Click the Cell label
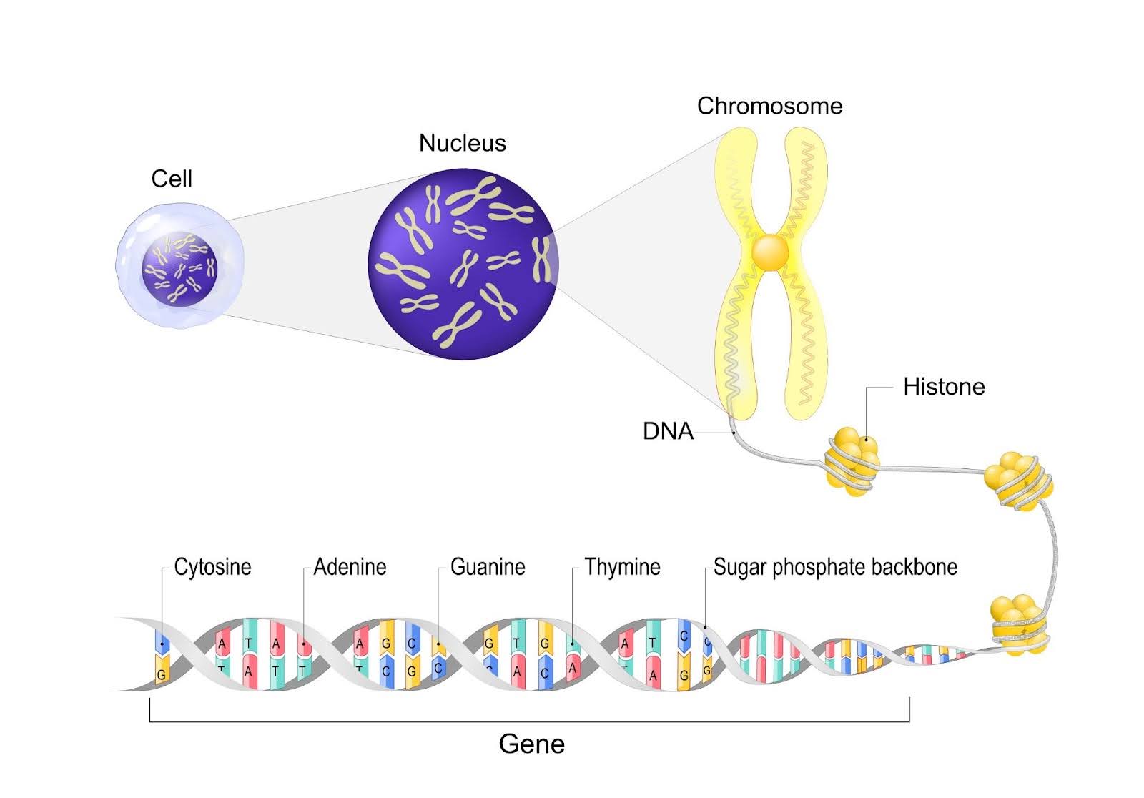point(172,179)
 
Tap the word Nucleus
point(462,143)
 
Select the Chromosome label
point(769,106)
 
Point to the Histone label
point(944,387)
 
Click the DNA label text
point(668,431)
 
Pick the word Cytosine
point(212,567)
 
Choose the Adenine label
point(350,567)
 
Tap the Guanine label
point(488,567)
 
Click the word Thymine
point(622,567)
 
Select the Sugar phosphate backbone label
point(835,567)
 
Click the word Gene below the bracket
point(532,744)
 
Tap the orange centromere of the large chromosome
point(770,252)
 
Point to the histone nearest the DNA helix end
point(1017,624)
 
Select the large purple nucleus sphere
point(462,263)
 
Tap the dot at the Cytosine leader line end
point(162,644)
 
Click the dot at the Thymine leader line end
point(573,644)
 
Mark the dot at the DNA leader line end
point(734,433)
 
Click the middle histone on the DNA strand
point(1019,481)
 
